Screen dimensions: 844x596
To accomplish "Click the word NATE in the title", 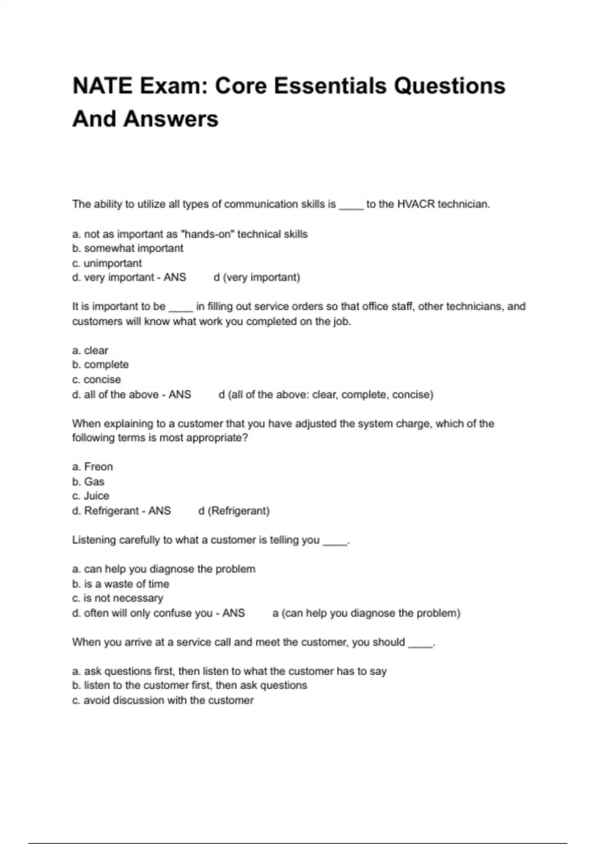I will [x=102, y=86].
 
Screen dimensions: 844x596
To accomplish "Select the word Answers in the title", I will [x=171, y=119].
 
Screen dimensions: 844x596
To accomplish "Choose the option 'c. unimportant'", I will [x=107, y=263].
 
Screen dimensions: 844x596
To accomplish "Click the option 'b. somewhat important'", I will [x=128, y=248].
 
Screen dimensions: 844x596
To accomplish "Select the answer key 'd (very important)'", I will [x=257, y=278].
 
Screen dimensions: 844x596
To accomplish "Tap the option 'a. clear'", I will [x=90, y=351].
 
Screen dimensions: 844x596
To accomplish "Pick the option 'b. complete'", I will [x=100, y=365].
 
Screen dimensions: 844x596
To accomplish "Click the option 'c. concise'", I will [x=96, y=380].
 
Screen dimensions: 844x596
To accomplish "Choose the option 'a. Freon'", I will [x=92, y=467].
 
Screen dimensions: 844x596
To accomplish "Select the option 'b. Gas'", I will [x=88, y=482].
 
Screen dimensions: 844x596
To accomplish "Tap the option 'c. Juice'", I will [x=90, y=496].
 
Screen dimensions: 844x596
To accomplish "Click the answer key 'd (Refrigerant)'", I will [x=234, y=511].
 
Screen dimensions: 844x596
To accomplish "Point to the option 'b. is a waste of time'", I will [x=121, y=584].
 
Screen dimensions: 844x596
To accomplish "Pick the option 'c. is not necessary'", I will [x=118, y=598].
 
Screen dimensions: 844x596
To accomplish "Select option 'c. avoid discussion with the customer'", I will [x=163, y=701].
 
